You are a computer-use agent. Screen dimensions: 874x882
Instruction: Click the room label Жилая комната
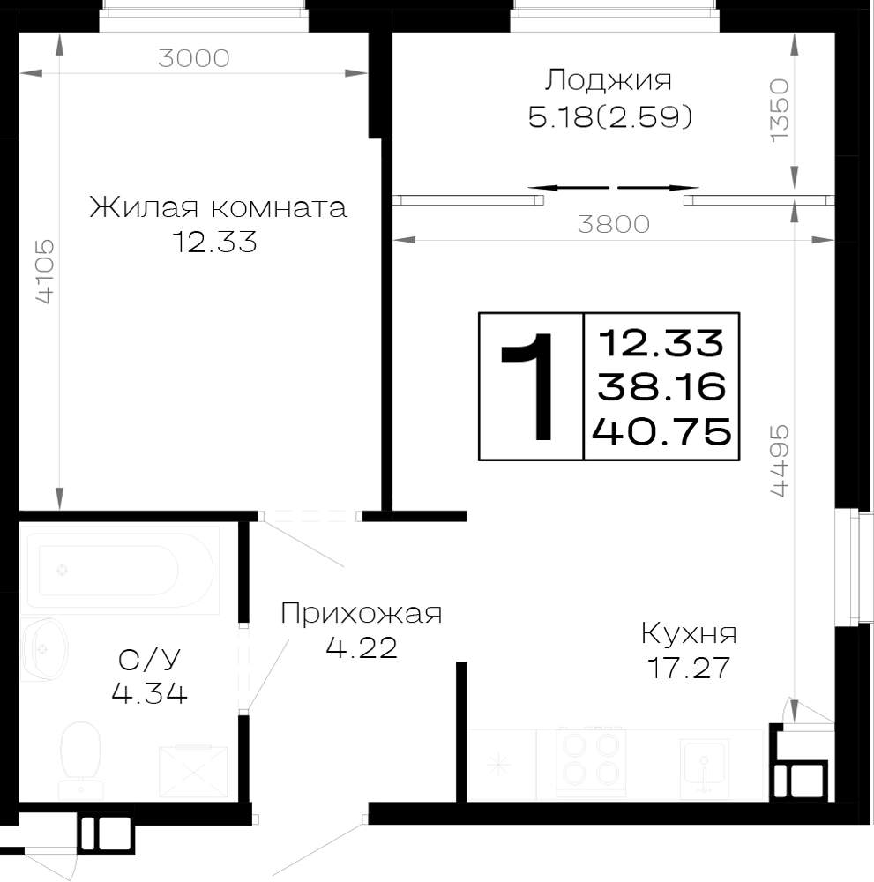pyautogui.click(x=218, y=207)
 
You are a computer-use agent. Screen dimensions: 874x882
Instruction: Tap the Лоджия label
pyautogui.click(x=608, y=80)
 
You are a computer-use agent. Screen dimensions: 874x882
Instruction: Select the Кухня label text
pyautogui.click(x=689, y=634)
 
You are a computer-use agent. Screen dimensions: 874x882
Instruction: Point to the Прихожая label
pyautogui.click(x=361, y=613)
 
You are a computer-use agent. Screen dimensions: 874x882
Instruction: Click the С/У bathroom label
pyautogui.click(x=150, y=659)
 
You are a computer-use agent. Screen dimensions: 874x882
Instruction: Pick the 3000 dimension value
pyautogui.click(x=194, y=58)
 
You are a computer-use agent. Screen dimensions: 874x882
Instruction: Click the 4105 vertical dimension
pyautogui.click(x=45, y=272)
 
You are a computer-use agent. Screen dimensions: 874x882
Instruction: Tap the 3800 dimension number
pyautogui.click(x=614, y=224)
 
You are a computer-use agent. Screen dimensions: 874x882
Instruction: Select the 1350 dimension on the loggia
pyautogui.click(x=781, y=110)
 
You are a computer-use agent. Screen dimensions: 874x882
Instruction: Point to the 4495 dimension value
pyautogui.click(x=781, y=461)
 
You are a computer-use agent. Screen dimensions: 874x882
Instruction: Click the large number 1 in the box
pyautogui.click(x=527, y=386)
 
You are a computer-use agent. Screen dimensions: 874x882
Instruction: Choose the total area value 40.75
pyautogui.click(x=662, y=432)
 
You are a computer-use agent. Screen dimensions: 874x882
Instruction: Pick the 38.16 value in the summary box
pyautogui.click(x=662, y=387)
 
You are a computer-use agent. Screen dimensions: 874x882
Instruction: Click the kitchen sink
pyautogui.click(x=703, y=767)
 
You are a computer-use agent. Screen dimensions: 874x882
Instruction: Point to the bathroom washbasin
pyautogui.click(x=45, y=649)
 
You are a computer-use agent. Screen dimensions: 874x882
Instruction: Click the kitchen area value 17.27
pyautogui.click(x=689, y=669)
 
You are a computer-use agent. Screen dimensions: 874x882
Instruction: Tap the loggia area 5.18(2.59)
pyautogui.click(x=610, y=117)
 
